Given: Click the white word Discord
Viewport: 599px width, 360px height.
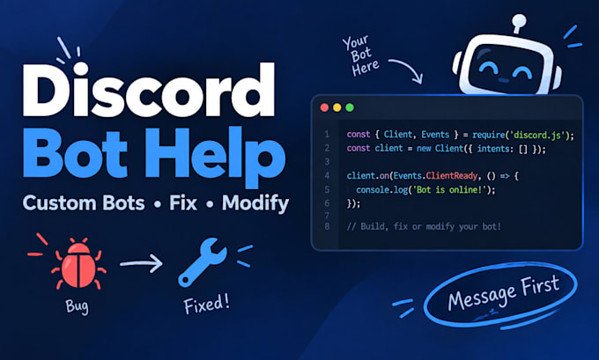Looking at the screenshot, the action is pos(149,90).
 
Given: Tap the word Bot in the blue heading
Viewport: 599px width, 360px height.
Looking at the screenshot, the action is pos(75,152).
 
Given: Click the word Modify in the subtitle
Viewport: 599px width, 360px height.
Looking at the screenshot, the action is pos(255,203).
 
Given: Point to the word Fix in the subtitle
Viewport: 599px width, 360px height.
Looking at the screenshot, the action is pos(183,202).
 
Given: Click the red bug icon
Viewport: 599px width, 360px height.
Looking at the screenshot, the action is pos(78,264).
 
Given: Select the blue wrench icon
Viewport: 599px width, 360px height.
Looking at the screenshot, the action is pos(202,262).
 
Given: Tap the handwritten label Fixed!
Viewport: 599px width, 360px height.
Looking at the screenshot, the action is pos(207,305).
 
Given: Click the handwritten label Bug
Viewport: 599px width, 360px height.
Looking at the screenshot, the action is pos(77,306).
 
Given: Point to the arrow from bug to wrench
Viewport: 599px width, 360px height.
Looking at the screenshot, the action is pos(141,263).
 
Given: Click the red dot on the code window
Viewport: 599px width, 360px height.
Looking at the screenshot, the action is pos(324,107).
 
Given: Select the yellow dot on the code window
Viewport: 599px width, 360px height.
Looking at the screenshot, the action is pos(336,107).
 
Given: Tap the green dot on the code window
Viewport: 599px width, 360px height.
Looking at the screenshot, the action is pos(350,107).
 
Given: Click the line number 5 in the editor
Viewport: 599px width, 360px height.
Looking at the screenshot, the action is pos(327,190).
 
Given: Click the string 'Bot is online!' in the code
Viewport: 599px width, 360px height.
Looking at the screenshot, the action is pos(447,190).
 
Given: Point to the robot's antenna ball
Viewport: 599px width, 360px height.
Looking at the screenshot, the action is pos(519,20).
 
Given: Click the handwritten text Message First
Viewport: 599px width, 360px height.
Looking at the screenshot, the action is pos(504,293).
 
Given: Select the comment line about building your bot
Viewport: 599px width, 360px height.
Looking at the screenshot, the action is pos(424,226).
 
